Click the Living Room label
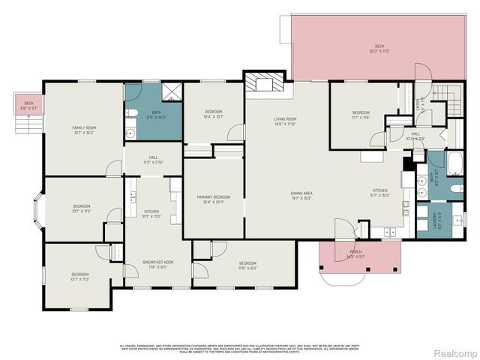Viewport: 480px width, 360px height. point(285,121)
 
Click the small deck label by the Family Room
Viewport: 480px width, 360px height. point(28,105)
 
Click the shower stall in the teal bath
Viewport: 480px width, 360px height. point(170,93)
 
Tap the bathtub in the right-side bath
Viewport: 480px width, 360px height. point(455,163)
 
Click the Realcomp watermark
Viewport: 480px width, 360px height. point(451,352)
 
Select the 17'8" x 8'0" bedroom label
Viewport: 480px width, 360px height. point(247,265)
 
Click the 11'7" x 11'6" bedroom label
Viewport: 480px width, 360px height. point(361,115)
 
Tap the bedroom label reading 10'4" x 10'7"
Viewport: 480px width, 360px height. point(213,115)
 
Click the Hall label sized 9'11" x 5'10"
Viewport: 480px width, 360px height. point(153,160)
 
